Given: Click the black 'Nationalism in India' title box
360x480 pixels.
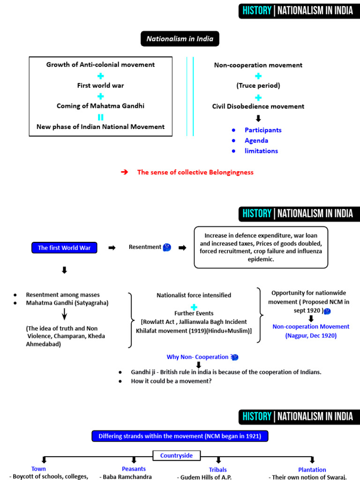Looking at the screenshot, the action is click(x=180, y=38).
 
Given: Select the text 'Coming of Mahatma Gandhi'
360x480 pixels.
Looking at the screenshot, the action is click(x=100, y=106).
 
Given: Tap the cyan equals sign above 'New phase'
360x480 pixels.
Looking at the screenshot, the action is click(x=100, y=117).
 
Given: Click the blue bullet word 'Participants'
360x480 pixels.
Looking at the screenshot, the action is click(x=263, y=130).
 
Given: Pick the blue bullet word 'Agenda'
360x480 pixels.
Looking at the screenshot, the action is click(x=256, y=141).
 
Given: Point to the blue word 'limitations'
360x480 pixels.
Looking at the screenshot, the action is click(x=261, y=151).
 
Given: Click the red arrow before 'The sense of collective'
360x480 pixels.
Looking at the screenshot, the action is click(x=124, y=172).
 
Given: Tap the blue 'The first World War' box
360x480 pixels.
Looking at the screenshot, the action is click(x=64, y=247).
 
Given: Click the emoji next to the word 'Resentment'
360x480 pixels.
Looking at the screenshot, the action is click(x=167, y=247).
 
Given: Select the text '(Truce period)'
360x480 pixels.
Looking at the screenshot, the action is click(x=258, y=85).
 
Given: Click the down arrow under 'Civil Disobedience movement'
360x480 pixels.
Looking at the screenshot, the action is click(x=258, y=119).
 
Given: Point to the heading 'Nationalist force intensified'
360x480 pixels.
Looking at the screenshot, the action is click(x=194, y=295).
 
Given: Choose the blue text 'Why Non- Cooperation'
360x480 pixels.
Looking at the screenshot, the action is click(x=197, y=357).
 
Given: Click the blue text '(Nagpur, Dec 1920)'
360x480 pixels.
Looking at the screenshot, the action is click(x=311, y=336).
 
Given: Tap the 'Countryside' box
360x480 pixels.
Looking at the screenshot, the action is click(x=177, y=456).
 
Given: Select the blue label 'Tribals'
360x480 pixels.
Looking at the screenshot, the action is click(x=217, y=470).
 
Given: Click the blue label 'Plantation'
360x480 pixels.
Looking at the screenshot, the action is click(x=312, y=470).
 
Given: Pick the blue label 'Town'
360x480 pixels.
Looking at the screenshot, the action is click(x=38, y=469).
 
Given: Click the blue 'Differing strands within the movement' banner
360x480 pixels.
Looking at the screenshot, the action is click(x=180, y=436).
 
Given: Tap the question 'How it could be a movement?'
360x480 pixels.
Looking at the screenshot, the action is click(x=171, y=381).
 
